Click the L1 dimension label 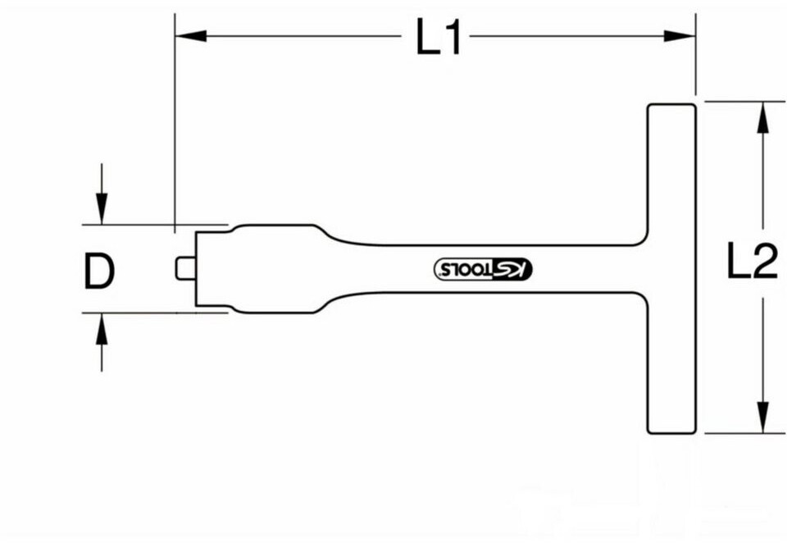(x=438, y=36)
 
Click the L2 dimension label (x=753, y=261)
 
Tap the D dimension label (x=99, y=271)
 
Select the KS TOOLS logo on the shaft (x=483, y=269)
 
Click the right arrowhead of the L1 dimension (x=680, y=36)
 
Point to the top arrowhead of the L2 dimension (x=763, y=117)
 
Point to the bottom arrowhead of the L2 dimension (x=763, y=417)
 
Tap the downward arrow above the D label (x=102, y=194)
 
